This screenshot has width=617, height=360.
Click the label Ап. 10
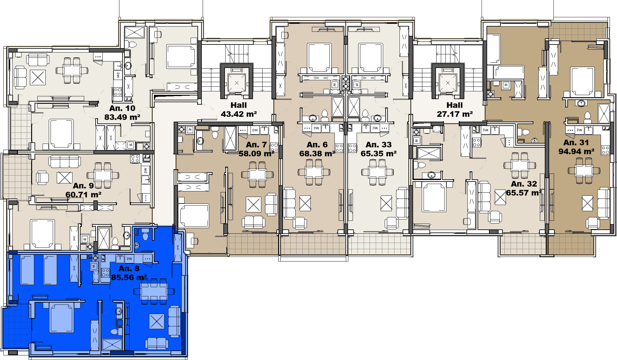[122, 108]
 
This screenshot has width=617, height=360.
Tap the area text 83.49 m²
[122, 117]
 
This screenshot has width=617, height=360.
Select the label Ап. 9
[83, 186]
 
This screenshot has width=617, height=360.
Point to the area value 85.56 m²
[129, 277]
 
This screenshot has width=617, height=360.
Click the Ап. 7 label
[256, 144]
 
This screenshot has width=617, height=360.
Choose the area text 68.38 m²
[317, 153]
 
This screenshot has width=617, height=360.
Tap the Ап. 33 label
[379, 144]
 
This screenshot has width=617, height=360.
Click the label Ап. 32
[524, 184]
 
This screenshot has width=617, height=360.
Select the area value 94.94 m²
[576, 151]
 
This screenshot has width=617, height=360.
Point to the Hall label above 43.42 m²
[239, 105]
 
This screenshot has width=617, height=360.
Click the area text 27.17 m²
[455, 114]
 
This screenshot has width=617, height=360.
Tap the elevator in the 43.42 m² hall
[237, 83]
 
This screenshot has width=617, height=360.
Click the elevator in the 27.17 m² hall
[448, 83]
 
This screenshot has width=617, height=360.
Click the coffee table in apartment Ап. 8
[157, 321]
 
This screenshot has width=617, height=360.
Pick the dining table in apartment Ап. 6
[314, 172]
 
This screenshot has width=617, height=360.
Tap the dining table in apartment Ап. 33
[378, 172]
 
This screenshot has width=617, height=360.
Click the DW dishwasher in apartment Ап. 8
[130, 259]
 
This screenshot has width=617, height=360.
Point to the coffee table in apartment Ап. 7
[254, 204]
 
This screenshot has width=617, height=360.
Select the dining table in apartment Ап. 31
[584, 170]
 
